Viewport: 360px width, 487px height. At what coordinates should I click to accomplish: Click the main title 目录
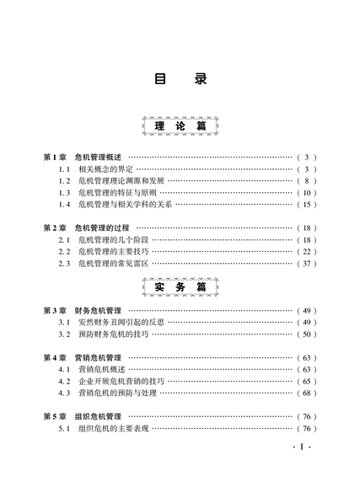pos(180,79)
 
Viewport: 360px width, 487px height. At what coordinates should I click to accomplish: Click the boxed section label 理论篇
pos(180,126)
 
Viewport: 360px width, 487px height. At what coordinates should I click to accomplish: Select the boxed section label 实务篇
pos(180,287)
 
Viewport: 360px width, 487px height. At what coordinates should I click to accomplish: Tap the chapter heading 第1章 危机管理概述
pos(83,158)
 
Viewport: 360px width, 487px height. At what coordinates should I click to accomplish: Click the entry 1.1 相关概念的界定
pos(96,169)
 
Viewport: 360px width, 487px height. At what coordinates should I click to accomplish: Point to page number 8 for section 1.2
pos(307,181)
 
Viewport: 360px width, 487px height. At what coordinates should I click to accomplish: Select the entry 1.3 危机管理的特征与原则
pos(107,193)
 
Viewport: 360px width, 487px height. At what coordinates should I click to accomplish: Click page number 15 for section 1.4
pos(307,205)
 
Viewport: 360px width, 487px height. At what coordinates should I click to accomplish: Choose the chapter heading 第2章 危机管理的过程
pos(86,228)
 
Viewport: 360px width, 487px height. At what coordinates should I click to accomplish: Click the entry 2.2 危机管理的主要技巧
pos(104,252)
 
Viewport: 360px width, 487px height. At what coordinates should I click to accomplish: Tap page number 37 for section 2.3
pos(307,264)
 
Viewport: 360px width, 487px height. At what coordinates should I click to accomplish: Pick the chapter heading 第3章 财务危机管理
pos(83,311)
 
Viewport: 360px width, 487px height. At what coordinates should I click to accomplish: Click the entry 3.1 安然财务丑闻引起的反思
pos(111,323)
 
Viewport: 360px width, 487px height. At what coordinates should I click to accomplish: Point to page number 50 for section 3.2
pos(307,334)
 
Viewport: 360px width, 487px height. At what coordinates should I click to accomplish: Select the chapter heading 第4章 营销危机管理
pos(83,358)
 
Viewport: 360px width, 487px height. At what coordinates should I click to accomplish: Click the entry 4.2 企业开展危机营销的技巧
pos(111,382)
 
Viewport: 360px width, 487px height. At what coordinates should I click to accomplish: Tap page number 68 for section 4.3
pos(307,393)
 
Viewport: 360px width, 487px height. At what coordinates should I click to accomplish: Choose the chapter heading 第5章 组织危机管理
pos(83,417)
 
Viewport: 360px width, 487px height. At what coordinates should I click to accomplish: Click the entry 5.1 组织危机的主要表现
pos(104,429)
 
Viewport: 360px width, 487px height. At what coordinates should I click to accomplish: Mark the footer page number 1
pos(302,447)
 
